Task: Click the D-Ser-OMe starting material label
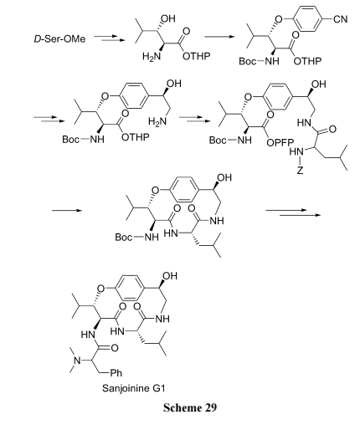click(59, 38)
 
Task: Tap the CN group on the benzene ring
click(341, 19)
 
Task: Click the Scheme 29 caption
click(190, 407)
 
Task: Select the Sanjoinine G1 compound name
click(134, 388)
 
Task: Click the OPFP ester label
click(280, 143)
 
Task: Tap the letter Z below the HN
click(300, 170)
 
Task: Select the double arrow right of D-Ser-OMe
click(109, 38)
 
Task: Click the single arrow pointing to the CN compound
click(219, 37)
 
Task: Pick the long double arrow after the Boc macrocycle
click(293, 212)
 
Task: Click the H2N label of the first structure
click(152, 56)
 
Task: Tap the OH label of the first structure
click(168, 18)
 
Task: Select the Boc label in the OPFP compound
click(218, 141)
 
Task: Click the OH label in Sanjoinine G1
click(170, 276)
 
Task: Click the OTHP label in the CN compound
click(307, 61)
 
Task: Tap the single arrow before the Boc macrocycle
click(67, 210)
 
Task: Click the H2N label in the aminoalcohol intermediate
click(157, 121)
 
